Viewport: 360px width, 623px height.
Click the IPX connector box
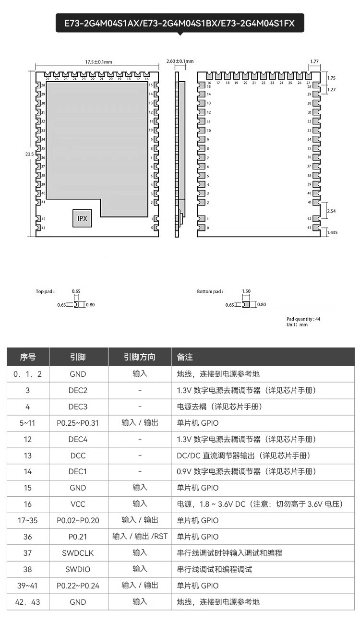[82, 218]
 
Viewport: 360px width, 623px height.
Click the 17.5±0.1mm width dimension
[98, 62]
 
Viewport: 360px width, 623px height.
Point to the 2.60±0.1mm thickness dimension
[180, 61]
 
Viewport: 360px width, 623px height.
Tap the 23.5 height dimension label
[29, 154]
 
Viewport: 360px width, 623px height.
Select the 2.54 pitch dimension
[331, 211]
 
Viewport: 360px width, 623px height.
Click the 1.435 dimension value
[332, 233]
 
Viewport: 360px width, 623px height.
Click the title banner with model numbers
[180, 23]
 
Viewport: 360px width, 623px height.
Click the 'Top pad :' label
[45, 291]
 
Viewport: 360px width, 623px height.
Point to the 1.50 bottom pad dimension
[246, 291]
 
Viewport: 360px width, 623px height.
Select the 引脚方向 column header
[140, 357]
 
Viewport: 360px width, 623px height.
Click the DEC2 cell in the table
[78, 391]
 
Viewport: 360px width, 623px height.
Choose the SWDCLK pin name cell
[78, 553]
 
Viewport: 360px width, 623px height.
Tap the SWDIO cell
[78, 569]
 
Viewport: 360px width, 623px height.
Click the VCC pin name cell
[78, 504]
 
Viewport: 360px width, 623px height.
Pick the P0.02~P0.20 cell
[78, 520]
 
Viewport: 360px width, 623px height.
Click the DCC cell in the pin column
[78, 455]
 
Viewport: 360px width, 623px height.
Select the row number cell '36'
[28, 537]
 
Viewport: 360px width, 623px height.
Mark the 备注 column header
[185, 357]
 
